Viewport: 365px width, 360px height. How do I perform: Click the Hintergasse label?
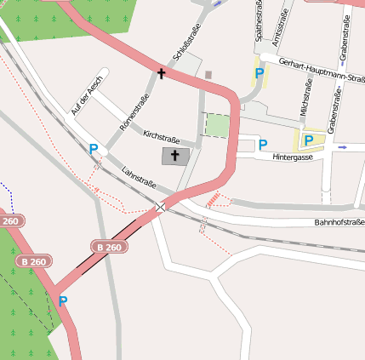pos(294,158)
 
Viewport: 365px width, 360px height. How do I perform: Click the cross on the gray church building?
pos(176,156)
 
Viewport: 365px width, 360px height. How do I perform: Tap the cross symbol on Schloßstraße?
pos(161,74)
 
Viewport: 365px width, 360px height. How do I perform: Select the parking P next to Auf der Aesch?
pos(93,149)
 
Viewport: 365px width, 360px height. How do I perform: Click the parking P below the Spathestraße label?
pos(259,74)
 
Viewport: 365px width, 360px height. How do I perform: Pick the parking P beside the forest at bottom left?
pos(62,300)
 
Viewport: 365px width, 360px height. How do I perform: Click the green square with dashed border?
pos(218,125)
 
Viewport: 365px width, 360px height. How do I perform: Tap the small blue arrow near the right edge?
pos(342,147)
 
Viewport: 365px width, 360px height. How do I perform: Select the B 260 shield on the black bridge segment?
pos(110,247)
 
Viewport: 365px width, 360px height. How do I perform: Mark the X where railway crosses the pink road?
pos(160,207)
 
